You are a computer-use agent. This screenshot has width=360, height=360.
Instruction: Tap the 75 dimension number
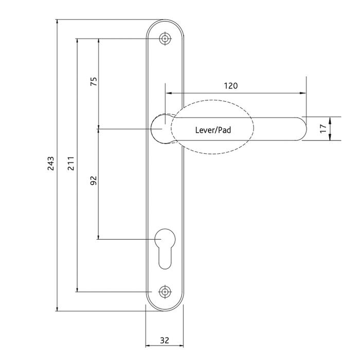point(93,82)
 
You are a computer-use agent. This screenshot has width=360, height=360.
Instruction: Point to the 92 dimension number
point(93,181)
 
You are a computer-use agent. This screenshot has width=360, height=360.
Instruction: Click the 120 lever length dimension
point(231,86)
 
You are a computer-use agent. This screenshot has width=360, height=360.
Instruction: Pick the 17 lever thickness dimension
point(322,129)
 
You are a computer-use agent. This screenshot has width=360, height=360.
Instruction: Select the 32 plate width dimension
point(165,340)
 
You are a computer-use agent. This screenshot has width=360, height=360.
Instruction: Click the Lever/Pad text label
point(213,130)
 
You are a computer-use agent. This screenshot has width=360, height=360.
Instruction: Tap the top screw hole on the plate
point(165,39)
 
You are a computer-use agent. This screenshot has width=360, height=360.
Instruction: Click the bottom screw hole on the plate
point(165,292)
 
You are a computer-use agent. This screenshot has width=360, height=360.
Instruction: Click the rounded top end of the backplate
point(165,24)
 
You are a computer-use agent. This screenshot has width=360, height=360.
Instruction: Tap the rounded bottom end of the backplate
point(165,308)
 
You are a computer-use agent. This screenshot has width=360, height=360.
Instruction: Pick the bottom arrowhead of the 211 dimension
point(77,289)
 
